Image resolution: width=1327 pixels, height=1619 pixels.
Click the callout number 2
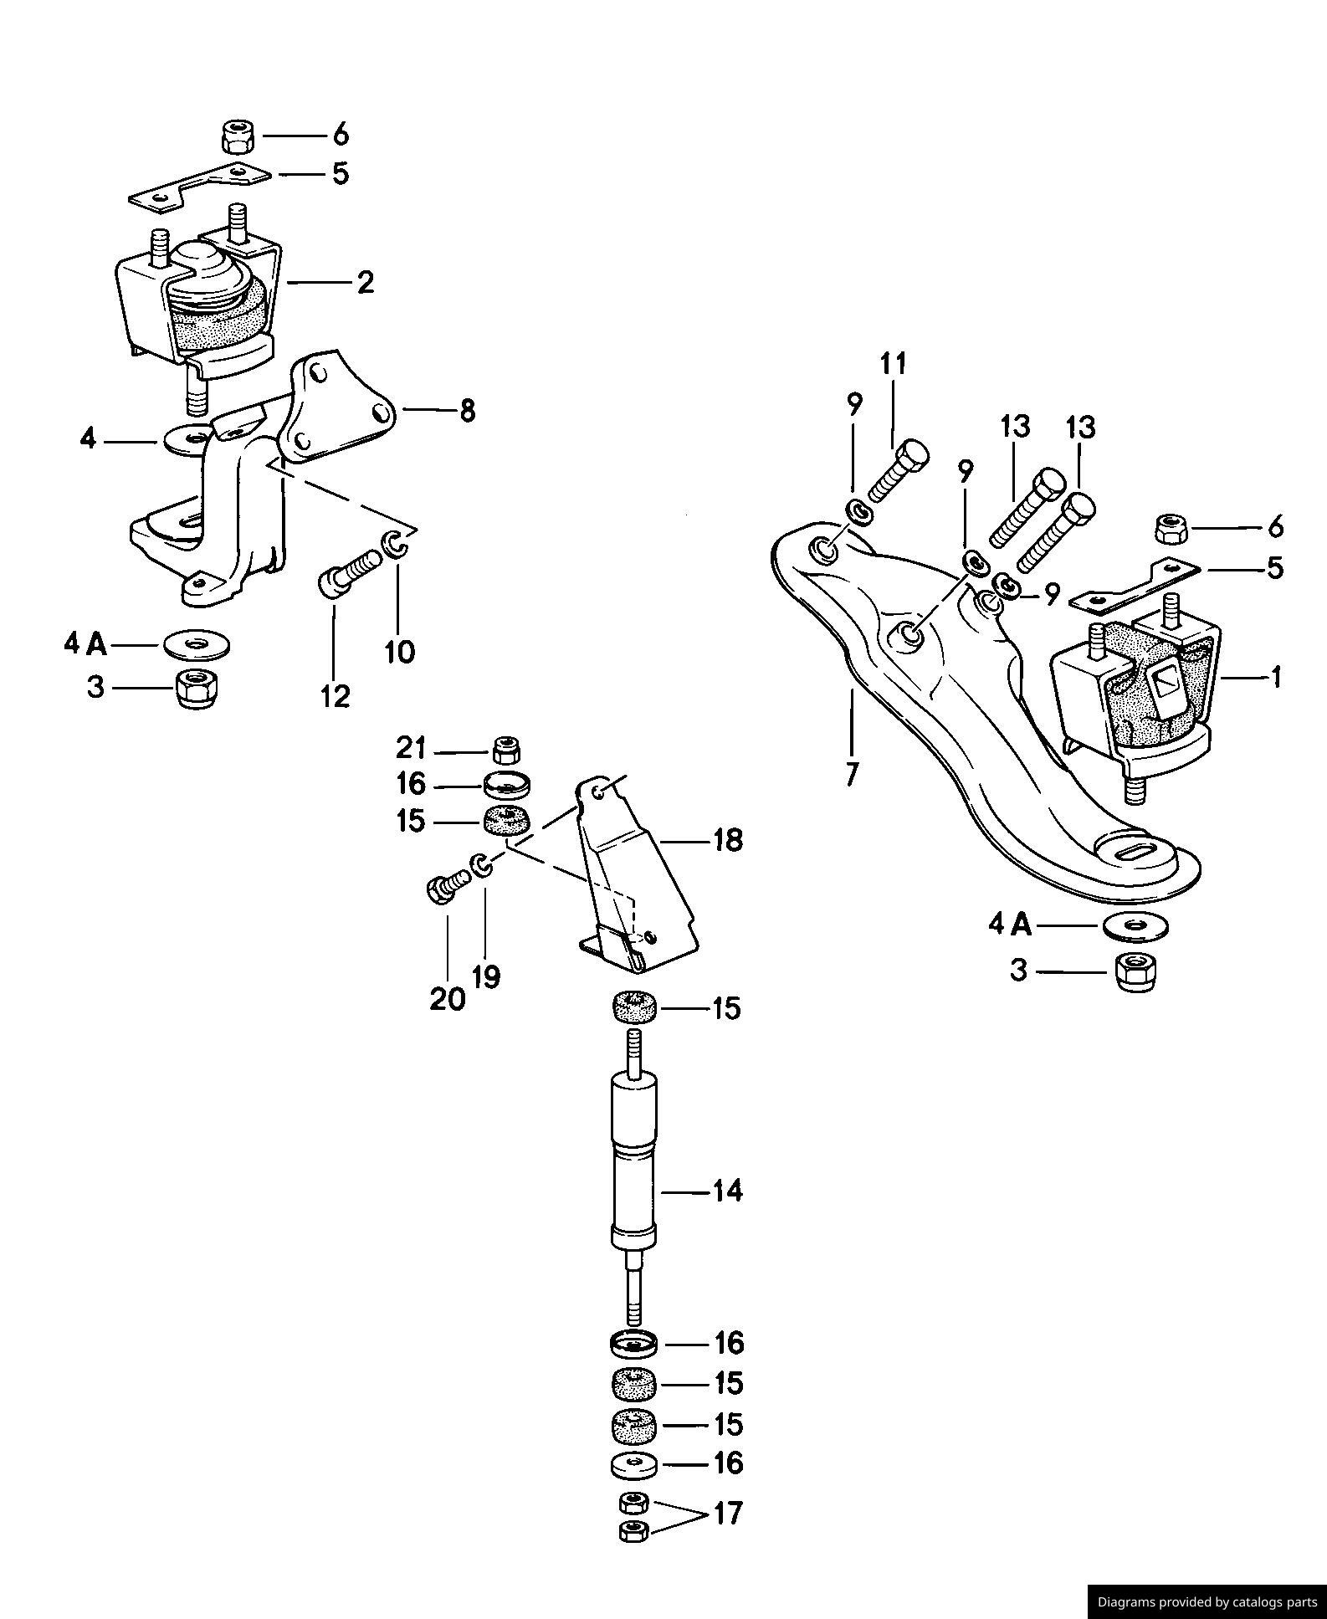365,283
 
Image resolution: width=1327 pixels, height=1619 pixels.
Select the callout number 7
852,774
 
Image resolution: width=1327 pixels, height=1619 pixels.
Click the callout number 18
727,839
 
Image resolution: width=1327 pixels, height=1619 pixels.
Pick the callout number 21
411,747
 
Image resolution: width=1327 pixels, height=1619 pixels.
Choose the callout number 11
893,364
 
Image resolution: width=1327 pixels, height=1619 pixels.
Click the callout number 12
335,695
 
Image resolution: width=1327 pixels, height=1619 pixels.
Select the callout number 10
400,651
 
